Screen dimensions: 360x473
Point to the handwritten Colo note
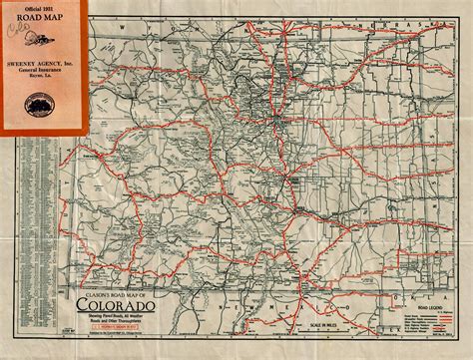point(15,28)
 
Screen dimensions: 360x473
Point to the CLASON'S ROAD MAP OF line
point(111,297)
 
